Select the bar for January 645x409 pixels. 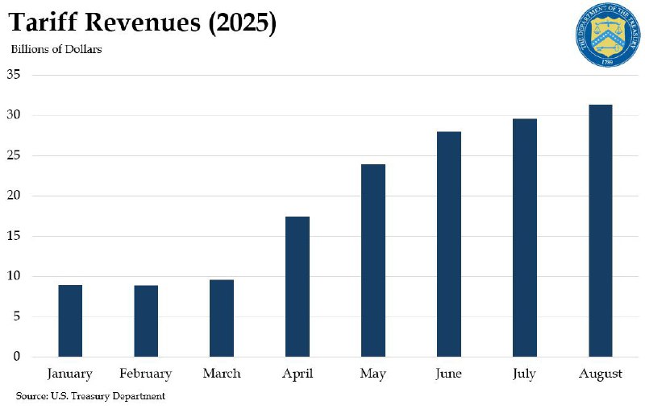[x=70, y=320]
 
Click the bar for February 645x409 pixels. [x=146, y=320]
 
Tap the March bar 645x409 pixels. [x=222, y=318]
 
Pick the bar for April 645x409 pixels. [x=298, y=287]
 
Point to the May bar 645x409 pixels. [x=373, y=260]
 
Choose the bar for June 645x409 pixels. [x=449, y=244]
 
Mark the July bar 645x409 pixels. [x=525, y=238]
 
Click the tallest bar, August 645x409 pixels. [x=601, y=230]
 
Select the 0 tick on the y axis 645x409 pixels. [x=16, y=357]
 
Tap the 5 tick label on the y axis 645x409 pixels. [x=16, y=316]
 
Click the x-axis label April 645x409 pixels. [x=298, y=374]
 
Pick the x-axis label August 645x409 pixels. [x=601, y=374]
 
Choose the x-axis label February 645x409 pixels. [x=146, y=374]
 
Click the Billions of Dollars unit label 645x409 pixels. [x=56, y=49]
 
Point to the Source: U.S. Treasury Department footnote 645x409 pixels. [x=90, y=396]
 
